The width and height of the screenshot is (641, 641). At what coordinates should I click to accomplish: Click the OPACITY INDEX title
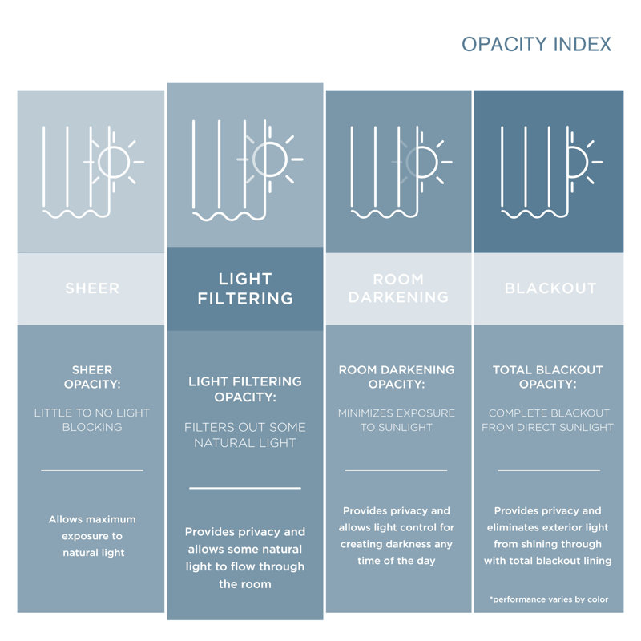(x=536, y=44)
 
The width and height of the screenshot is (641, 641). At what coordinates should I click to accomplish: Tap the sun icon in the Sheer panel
(x=114, y=163)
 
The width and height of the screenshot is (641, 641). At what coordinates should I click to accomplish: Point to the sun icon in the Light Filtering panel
(x=270, y=159)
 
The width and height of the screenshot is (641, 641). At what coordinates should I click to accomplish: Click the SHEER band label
(x=92, y=288)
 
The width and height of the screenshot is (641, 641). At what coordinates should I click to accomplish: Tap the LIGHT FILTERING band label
(x=245, y=288)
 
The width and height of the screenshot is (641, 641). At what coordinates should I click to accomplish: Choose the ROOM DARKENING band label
(x=398, y=288)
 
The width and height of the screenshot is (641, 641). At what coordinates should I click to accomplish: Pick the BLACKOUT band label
(x=550, y=288)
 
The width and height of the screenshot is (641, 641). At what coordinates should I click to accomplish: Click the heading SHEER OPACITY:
(x=92, y=377)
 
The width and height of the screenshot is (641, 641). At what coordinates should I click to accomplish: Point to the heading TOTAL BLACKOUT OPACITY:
(x=548, y=377)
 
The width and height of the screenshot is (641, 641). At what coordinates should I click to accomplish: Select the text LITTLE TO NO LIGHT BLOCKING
(x=92, y=420)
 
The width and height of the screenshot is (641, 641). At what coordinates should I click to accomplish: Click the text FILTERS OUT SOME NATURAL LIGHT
(x=245, y=435)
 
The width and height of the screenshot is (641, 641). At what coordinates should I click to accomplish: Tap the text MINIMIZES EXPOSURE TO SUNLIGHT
(x=396, y=420)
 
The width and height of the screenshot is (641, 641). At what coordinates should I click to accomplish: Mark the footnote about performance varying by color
(x=549, y=599)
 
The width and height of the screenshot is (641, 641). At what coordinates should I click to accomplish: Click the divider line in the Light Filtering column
(x=245, y=488)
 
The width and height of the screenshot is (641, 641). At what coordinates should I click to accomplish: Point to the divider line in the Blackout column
(x=549, y=470)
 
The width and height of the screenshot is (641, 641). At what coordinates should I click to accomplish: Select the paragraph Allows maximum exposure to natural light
(x=92, y=536)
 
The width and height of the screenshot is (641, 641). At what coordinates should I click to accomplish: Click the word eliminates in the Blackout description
(x=510, y=527)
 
